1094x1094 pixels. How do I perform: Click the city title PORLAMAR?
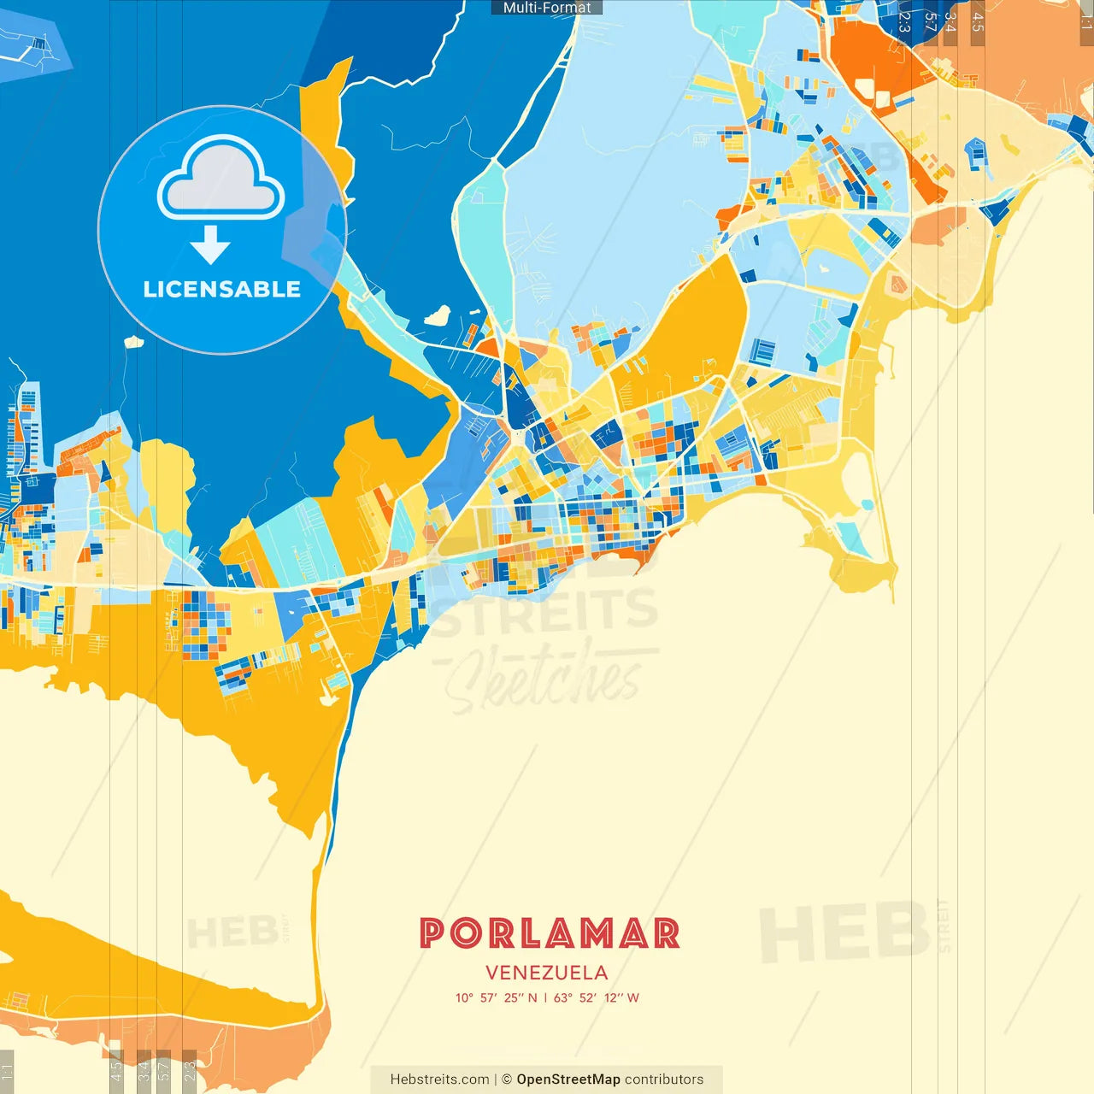549,933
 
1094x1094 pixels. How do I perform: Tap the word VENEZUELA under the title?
547,973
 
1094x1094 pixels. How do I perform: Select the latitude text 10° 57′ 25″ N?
497,997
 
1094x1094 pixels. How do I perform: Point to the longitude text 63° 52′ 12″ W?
597,997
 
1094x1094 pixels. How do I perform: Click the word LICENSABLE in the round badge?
222,289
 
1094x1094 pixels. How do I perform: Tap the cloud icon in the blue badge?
221,178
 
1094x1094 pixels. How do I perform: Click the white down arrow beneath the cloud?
210,245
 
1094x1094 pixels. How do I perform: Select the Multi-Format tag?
547,8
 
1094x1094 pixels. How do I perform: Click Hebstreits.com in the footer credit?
439,1079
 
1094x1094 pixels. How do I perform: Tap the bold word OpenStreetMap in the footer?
568,1079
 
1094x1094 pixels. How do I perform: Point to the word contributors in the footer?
664,1079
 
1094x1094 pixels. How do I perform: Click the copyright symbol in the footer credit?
507,1079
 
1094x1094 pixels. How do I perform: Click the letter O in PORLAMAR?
467,933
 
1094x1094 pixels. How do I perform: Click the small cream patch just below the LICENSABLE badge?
133,342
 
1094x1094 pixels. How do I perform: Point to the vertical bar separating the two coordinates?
545,997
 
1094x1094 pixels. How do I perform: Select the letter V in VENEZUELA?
492,973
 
